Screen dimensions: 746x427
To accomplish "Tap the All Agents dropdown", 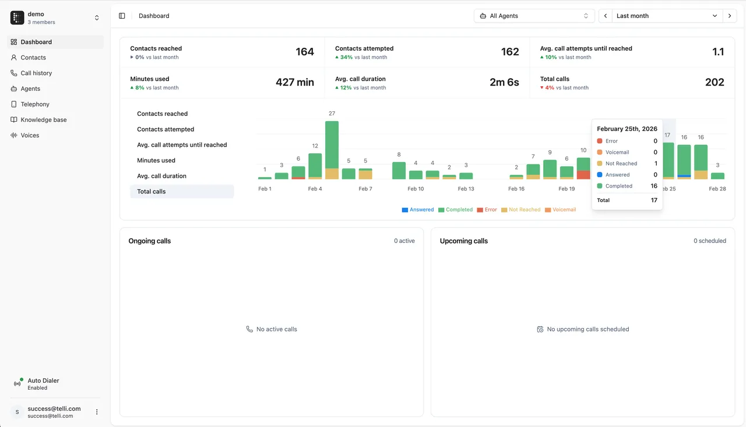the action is [x=534, y=16].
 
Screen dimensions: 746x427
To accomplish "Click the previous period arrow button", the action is [x=606, y=16].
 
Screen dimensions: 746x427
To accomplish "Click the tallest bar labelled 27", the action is [x=332, y=150].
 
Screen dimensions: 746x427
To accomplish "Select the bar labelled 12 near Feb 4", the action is [x=315, y=166].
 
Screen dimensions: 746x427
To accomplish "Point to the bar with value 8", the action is [x=399, y=171].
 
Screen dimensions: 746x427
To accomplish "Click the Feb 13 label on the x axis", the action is [x=466, y=189].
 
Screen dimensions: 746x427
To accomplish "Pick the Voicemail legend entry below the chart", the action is [x=561, y=210].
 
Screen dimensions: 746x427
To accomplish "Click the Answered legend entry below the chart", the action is [x=418, y=210].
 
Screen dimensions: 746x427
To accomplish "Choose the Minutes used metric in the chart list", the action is [x=156, y=160].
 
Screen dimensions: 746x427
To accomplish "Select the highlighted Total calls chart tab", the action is [x=182, y=192].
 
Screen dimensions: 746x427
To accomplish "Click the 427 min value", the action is [x=295, y=82].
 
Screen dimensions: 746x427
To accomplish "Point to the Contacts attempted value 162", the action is [x=510, y=52].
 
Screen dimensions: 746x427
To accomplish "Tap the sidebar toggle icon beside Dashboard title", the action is [x=122, y=16].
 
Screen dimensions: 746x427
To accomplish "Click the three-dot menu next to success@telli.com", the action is [x=97, y=412].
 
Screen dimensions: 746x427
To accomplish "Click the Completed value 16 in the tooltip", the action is [x=654, y=186].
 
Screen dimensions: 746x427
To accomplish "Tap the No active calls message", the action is [x=272, y=329].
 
